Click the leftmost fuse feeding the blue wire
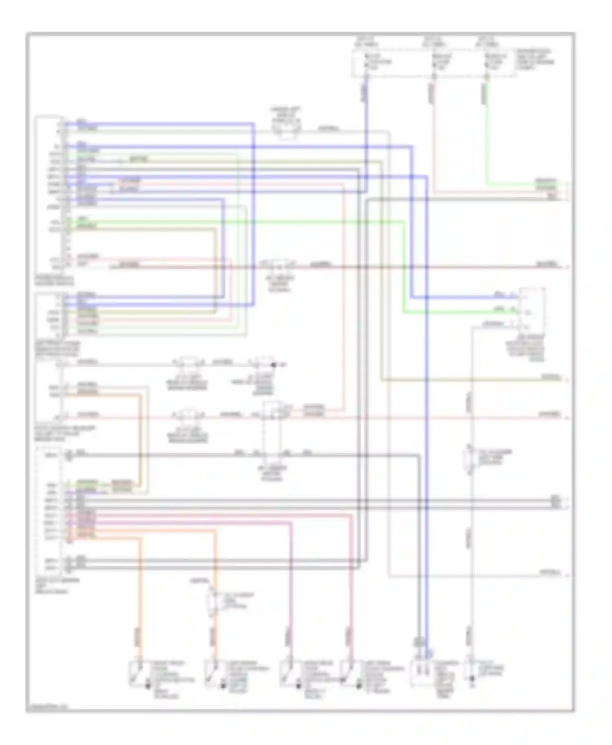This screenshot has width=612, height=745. (366, 62)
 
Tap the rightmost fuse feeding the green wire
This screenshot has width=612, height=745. (487, 62)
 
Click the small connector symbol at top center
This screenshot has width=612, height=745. (287, 130)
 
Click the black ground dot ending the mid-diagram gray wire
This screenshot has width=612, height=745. (274, 365)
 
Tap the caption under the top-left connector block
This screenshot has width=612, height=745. (54, 280)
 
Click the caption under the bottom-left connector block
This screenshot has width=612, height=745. (57, 585)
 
